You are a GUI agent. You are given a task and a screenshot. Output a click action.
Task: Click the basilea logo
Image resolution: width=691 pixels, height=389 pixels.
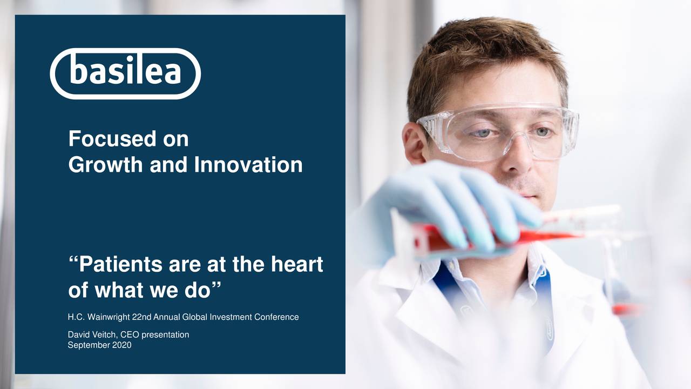pyautogui.click(x=125, y=73)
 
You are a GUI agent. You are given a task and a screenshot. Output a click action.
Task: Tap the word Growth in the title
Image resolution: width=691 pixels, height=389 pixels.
pyautogui.click(x=106, y=165)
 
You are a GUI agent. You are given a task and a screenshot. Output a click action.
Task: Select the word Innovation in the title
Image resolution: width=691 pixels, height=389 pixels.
pyautogui.click(x=248, y=165)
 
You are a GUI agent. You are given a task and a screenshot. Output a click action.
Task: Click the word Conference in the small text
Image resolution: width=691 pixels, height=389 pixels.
pyautogui.click(x=276, y=317)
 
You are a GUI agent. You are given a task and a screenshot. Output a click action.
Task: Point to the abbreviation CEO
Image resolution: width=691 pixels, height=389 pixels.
pyautogui.click(x=130, y=335)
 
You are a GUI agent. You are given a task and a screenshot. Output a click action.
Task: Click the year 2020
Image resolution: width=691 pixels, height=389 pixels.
pyautogui.click(x=122, y=345)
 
